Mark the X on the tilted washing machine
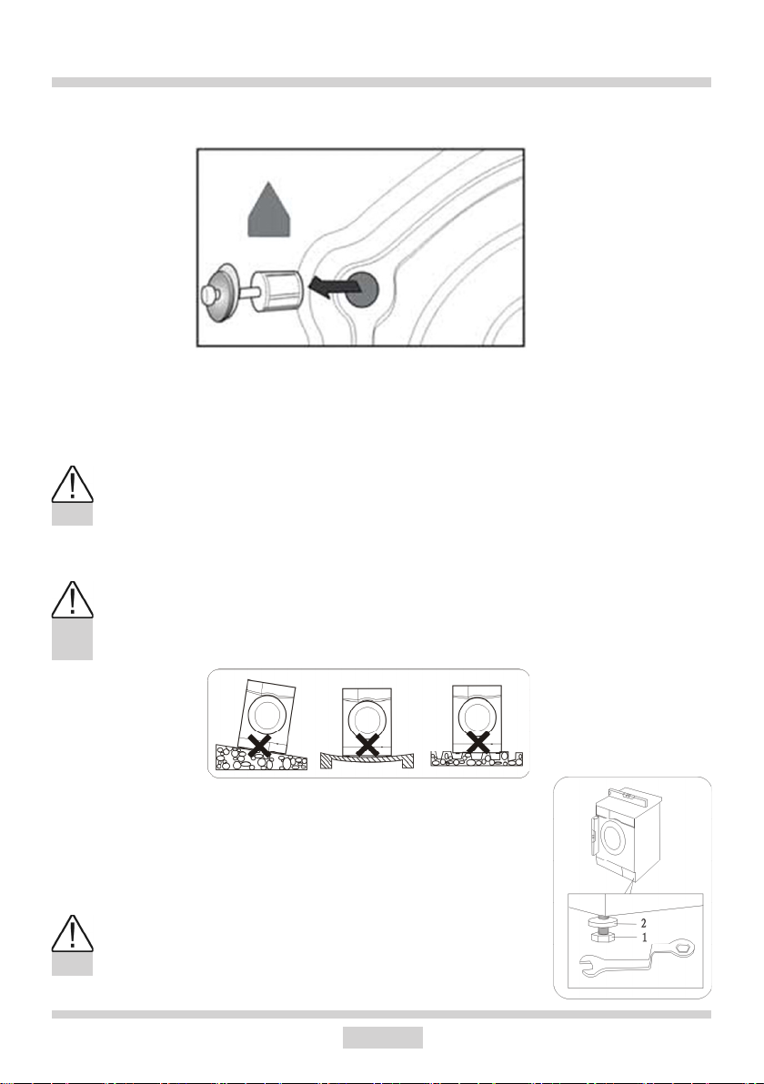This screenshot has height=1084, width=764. point(259,745)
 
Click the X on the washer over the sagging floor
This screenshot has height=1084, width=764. point(367,745)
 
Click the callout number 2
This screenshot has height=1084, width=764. point(644,923)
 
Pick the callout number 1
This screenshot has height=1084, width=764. point(644,938)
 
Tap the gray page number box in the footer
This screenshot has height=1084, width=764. point(382,1037)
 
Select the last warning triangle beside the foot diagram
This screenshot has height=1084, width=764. point(72,933)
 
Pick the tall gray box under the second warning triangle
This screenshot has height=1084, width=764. point(72,639)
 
